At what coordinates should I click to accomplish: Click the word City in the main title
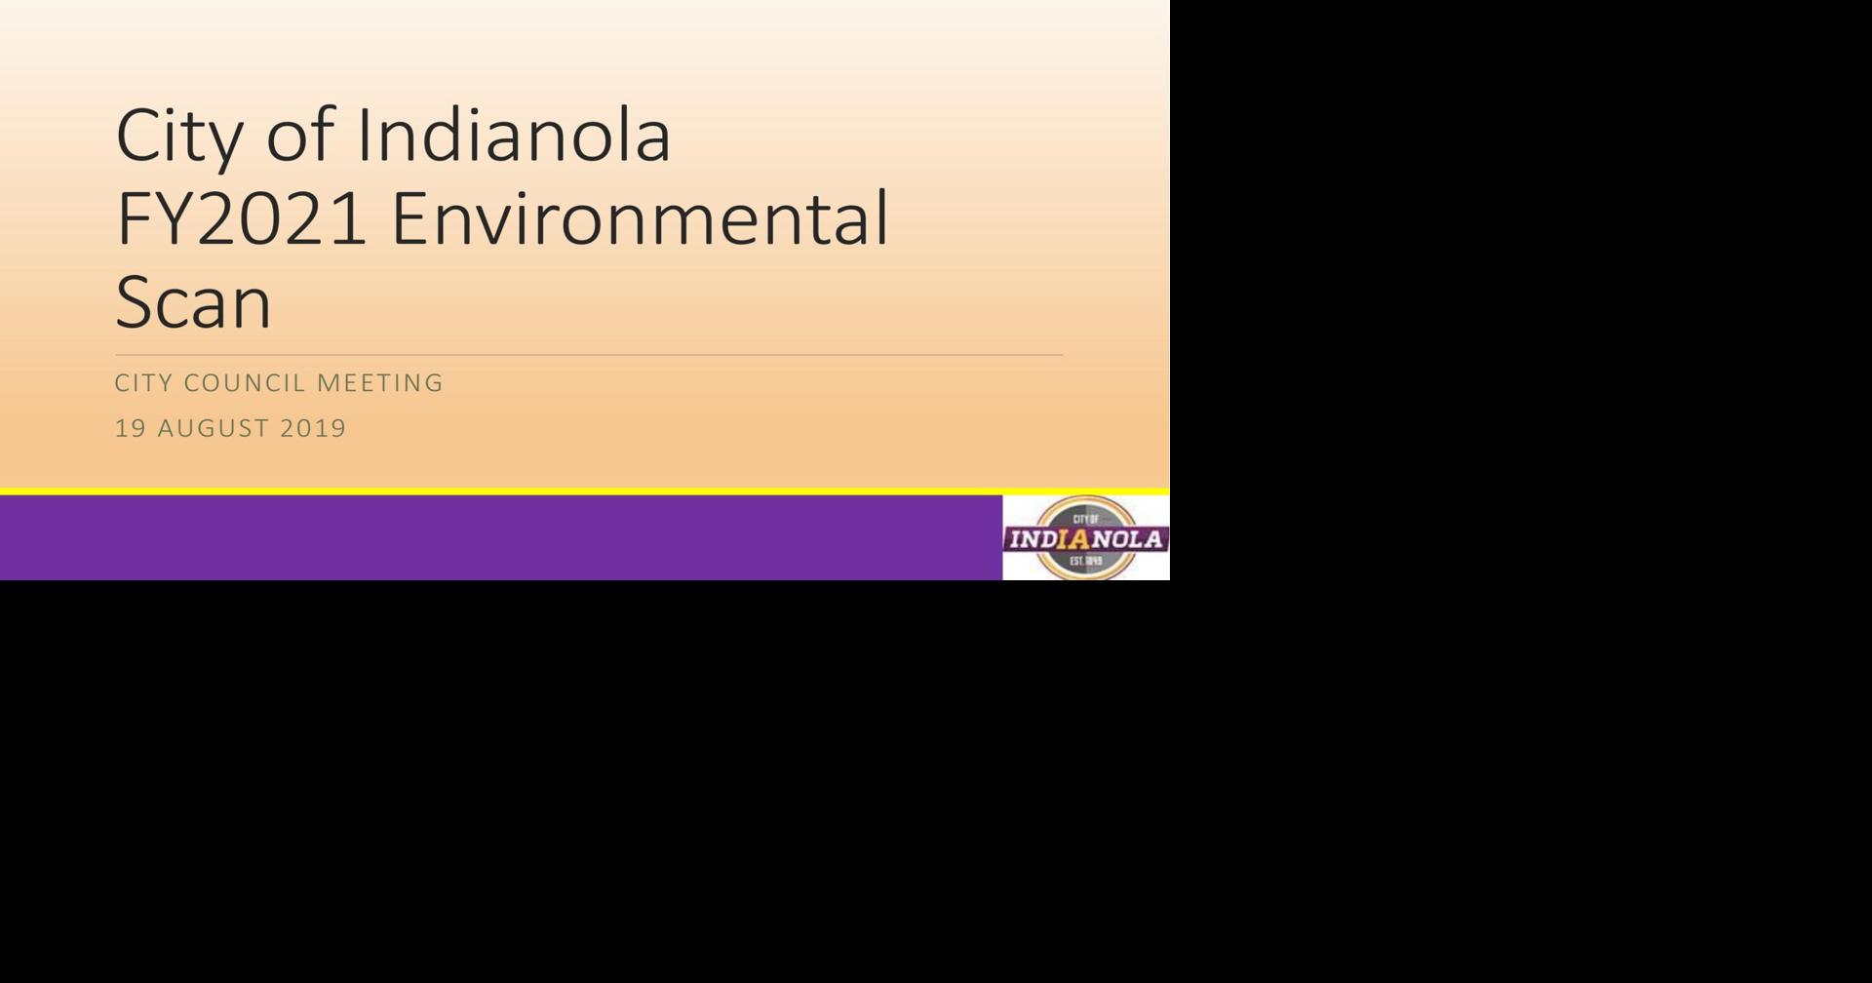pyautogui.click(x=178, y=136)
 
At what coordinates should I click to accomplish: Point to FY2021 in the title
pyautogui.click(x=241, y=218)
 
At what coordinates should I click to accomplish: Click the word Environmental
pyautogui.click(x=640, y=218)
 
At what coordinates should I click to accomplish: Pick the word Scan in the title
pyautogui.click(x=193, y=302)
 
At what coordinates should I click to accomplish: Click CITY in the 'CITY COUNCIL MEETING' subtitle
pyautogui.click(x=143, y=383)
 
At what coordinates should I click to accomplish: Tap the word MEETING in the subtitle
pyautogui.click(x=379, y=383)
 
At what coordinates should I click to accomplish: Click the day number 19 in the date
pyautogui.click(x=130, y=428)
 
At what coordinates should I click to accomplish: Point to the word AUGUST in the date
pyautogui.click(x=213, y=428)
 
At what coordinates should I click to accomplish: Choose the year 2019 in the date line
pyautogui.click(x=312, y=428)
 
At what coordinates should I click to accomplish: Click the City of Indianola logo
pyautogui.click(x=1086, y=537)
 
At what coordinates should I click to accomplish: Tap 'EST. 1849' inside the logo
pyautogui.click(x=1085, y=562)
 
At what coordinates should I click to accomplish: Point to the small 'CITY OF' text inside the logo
pyautogui.click(x=1086, y=519)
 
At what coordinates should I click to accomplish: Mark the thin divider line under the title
pyautogui.click(x=589, y=355)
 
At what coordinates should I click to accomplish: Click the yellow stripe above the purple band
pyautogui.click(x=585, y=491)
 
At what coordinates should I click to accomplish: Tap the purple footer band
pyautogui.click(x=501, y=537)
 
